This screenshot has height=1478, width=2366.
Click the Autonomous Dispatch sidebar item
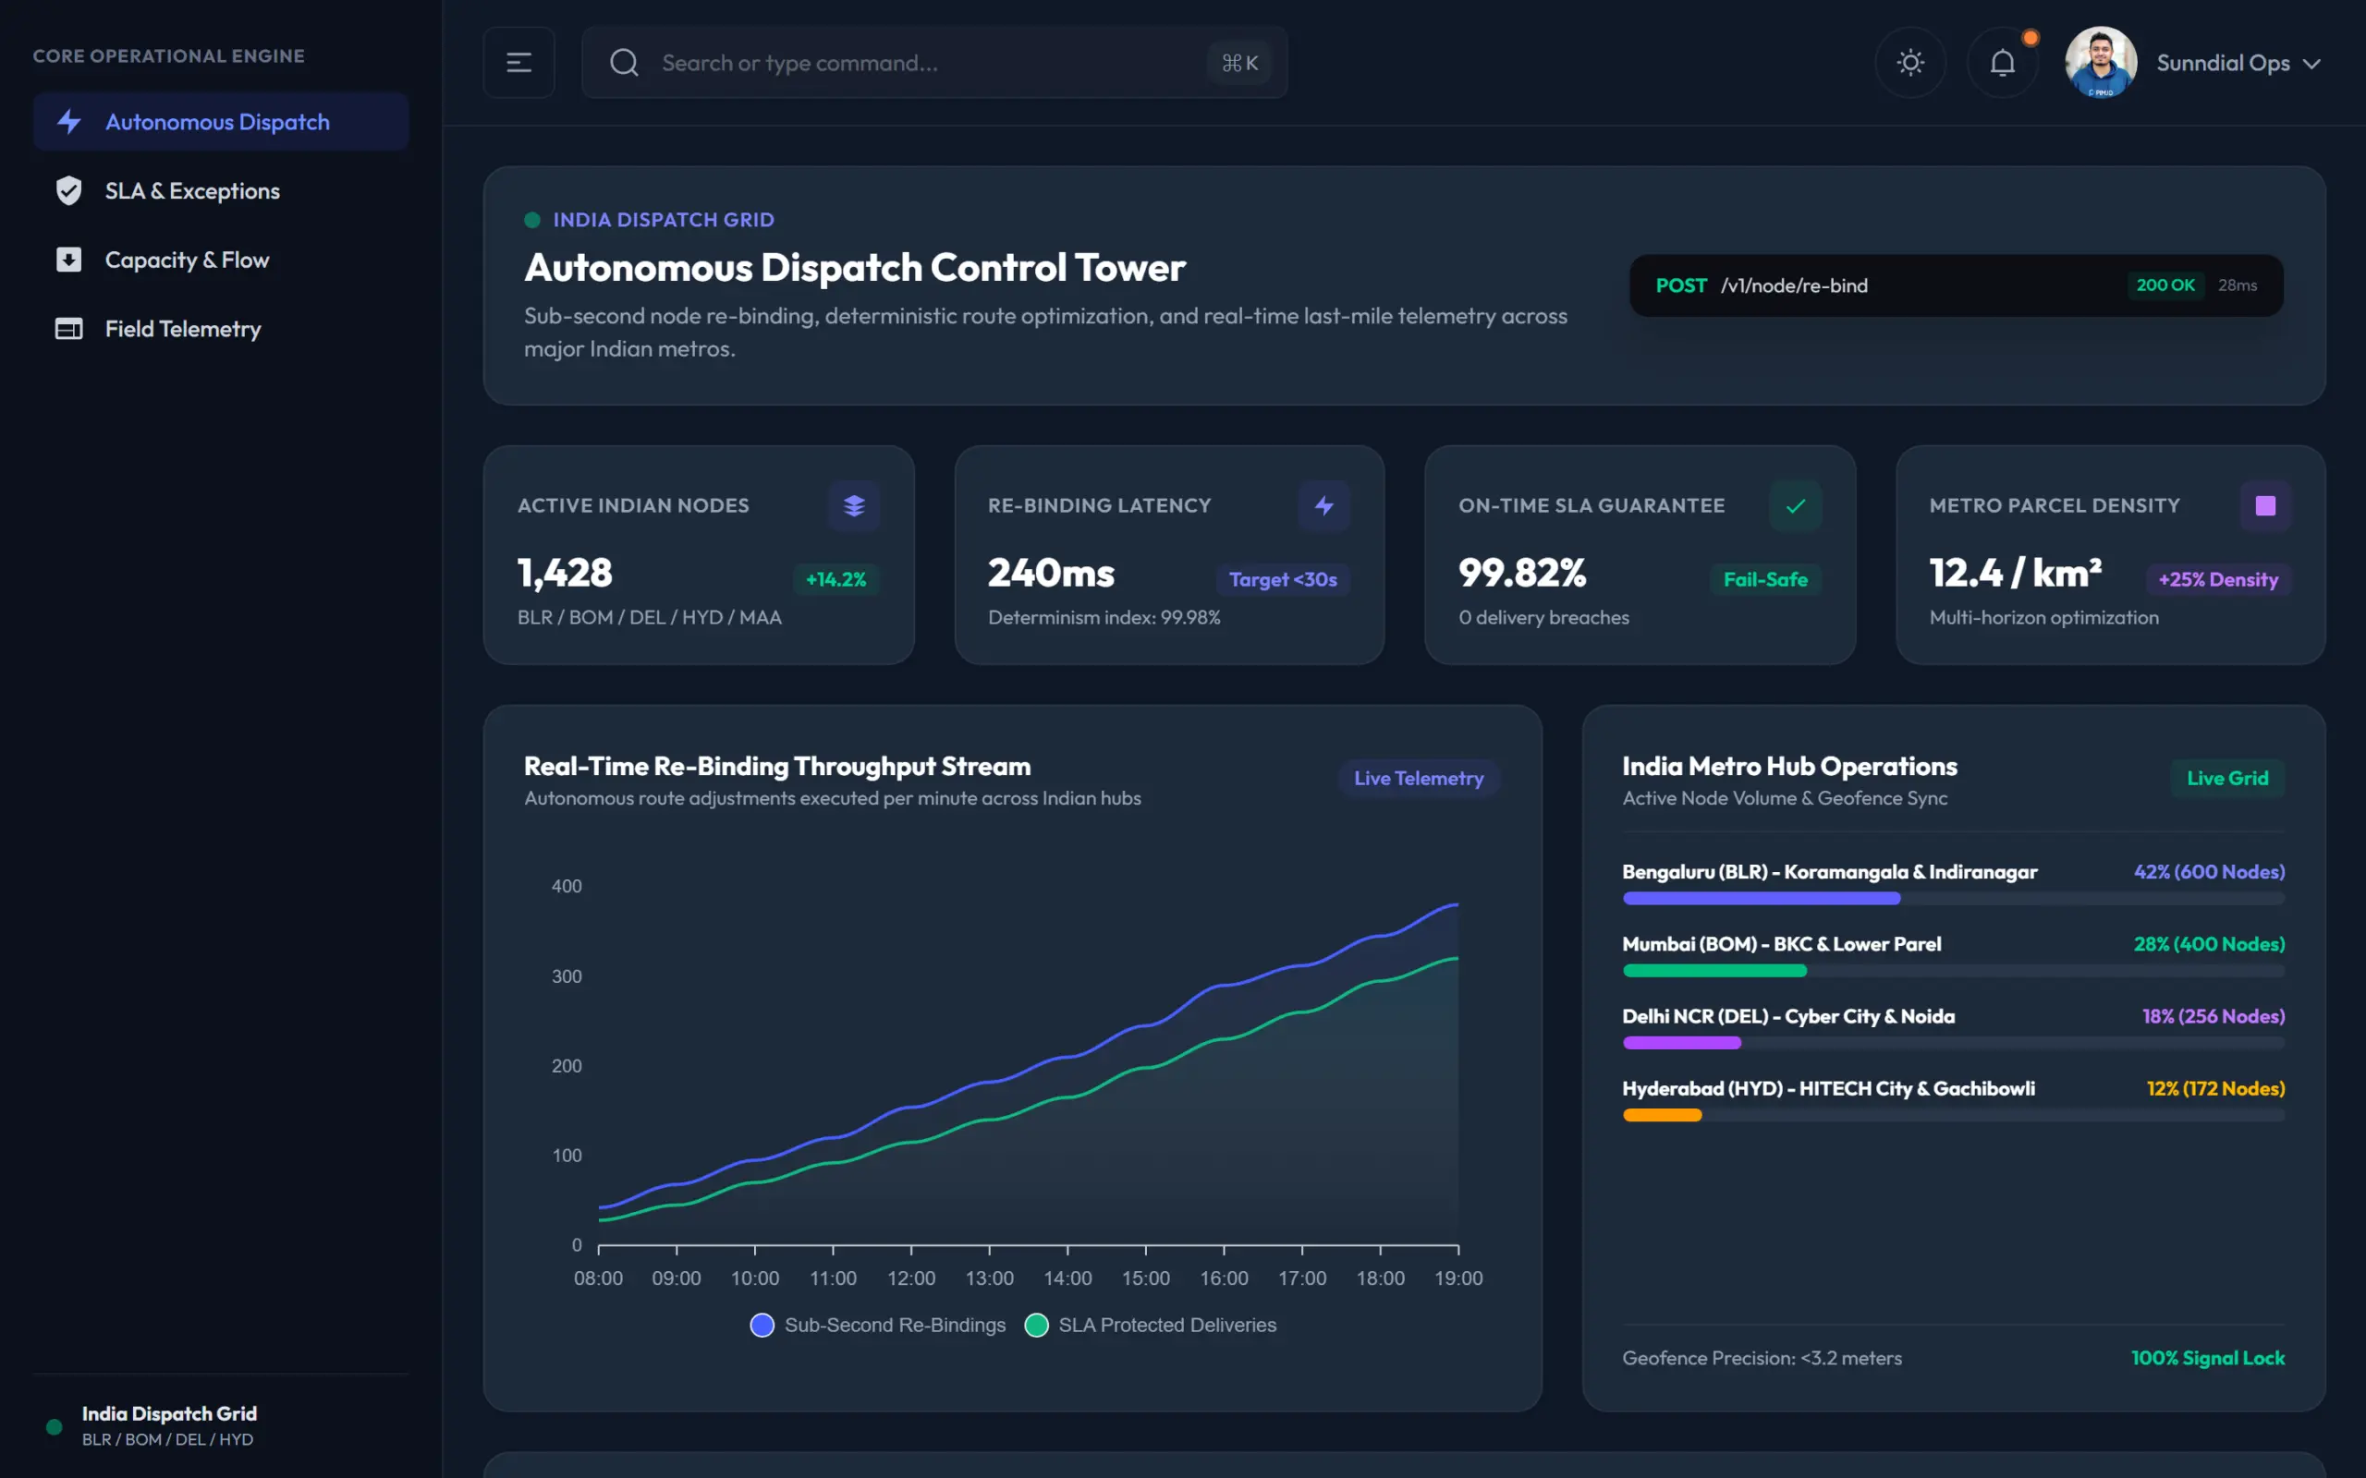220,122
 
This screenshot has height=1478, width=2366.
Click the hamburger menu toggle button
519,63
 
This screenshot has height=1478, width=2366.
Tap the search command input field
934,63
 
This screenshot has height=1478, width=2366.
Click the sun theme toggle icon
1910,63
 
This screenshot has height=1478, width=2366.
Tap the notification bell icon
2002,63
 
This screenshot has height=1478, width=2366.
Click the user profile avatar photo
2101,63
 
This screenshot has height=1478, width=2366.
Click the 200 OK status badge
2165,285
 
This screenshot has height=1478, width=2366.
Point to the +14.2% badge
835,580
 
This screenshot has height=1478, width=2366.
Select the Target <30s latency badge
1283,580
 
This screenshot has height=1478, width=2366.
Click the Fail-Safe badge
1765,580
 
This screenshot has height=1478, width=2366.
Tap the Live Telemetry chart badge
1419,778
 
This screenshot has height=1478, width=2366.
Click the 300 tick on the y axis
567,976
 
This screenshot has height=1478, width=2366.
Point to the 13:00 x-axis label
990,1278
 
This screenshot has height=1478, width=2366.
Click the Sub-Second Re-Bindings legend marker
762,1326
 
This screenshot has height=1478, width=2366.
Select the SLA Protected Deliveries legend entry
1151,1326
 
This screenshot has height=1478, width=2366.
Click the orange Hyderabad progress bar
1662,1115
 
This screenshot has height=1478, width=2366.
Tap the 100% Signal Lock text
2208,1358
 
